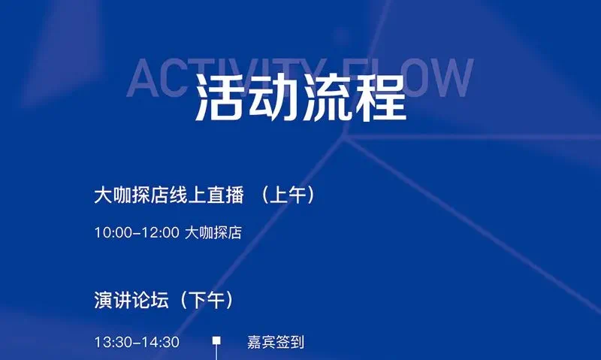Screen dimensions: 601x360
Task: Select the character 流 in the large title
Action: click(327, 98)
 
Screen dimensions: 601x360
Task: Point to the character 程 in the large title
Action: click(380, 98)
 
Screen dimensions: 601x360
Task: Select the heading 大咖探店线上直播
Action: click(169, 195)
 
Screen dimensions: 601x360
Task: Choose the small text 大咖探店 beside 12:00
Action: click(213, 232)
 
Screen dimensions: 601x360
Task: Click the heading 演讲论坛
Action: click(131, 300)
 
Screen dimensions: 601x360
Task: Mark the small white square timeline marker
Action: click(216, 340)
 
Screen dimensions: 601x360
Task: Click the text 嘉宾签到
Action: click(276, 342)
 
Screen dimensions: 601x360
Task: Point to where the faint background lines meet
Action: click(345, 138)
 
